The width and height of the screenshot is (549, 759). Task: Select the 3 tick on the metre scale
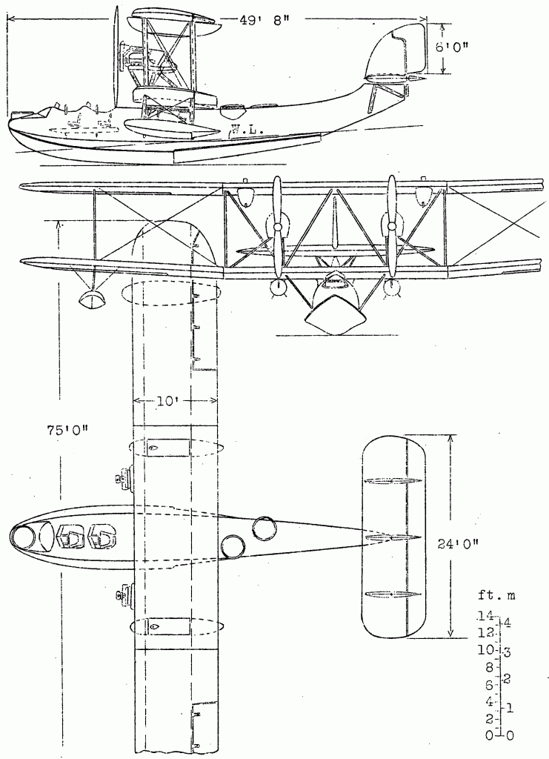[507, 652]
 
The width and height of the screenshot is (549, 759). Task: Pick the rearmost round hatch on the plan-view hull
[264, 528]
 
